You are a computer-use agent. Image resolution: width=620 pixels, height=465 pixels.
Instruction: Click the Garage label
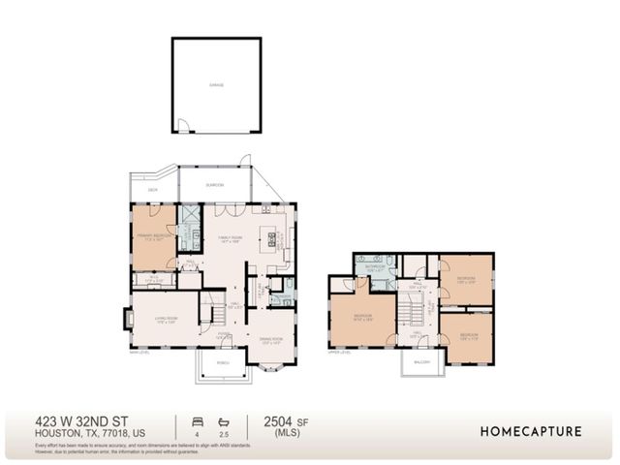[216, 85]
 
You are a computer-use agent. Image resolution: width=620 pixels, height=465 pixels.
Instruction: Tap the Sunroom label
[214, 183]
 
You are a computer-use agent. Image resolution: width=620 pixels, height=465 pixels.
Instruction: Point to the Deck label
[153, 191]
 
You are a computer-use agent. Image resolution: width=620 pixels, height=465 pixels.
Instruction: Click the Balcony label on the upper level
[420, 360]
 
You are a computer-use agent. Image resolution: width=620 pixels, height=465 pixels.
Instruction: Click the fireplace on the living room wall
[127, 318]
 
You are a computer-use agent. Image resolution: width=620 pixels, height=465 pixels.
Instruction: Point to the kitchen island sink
[273, 237]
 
